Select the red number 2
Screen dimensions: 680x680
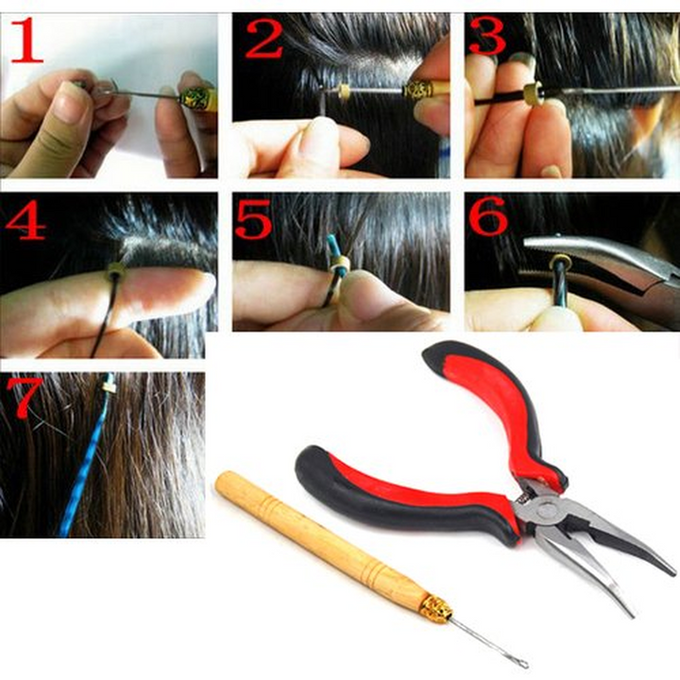tap(263, 40)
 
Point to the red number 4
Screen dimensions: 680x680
tap(25, 218)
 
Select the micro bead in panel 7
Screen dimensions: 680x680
tap(107, 385)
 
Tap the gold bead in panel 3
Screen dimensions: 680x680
tap(532, 93)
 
